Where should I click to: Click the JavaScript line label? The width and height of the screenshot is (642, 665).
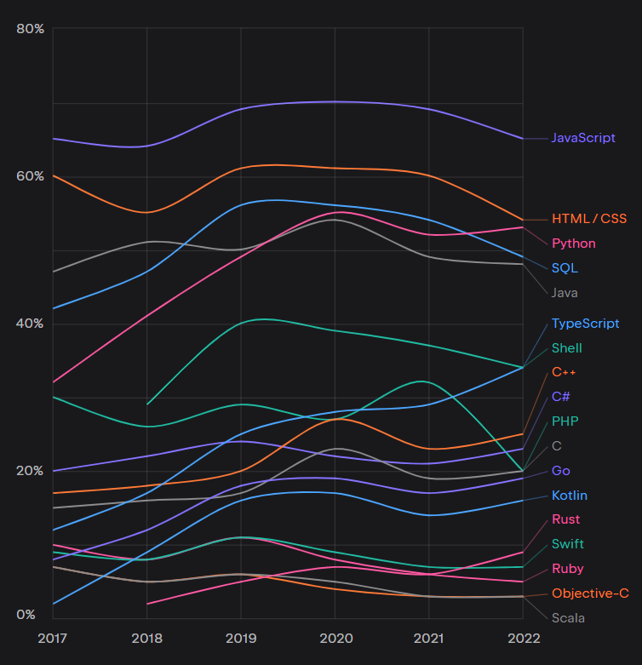tap(582, 138)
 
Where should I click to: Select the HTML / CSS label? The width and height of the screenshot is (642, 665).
tap(588, 219)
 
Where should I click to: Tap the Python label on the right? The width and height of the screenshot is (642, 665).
tap(573, 244)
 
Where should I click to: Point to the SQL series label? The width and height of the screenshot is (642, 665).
tap(564, 268)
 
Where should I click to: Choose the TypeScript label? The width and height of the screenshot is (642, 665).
tap(585, 324)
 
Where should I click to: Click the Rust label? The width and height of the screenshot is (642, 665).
tap(565, 519)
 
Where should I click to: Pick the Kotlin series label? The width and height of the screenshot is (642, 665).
tap(569, 496)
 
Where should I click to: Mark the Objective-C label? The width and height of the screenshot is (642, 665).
tap(590, 593)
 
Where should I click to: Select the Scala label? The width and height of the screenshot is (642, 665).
tap(568, 618)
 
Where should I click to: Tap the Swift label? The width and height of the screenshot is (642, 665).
tap(567, 544)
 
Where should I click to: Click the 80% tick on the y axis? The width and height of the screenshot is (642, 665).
tap(30, 29)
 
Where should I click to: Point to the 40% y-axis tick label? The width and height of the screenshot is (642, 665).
tap(30, 324)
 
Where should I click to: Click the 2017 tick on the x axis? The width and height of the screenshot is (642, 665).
tap(54, 638)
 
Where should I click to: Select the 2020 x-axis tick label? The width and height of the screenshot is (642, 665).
tap(335, 638)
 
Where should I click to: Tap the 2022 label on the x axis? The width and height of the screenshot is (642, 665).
tap(523, 638)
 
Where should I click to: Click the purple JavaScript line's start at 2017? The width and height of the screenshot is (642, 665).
tap(54, 138)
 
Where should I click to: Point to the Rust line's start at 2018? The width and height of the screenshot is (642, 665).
tap(147, 604)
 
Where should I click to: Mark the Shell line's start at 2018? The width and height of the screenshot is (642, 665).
tap(147, 404)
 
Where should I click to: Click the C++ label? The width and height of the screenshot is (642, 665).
tap(565, 372)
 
